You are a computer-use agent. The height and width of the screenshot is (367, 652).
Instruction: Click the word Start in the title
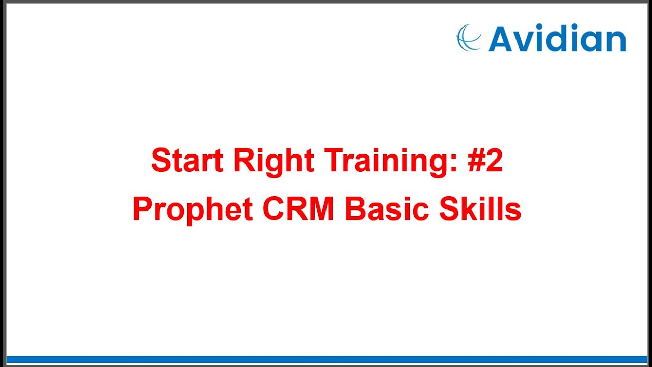pos(187,161)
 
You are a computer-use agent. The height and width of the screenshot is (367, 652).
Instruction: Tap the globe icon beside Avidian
pos(469,38)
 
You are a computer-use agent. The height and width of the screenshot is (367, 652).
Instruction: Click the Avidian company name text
pos(557,39)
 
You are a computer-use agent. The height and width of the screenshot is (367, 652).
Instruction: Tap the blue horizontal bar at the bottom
pos(326,359)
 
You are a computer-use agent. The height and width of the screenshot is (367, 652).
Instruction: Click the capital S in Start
pos(160,161)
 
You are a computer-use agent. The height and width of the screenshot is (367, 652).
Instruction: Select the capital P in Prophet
pos(143,209)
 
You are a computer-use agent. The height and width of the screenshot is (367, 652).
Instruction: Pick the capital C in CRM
pos(273,209)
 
